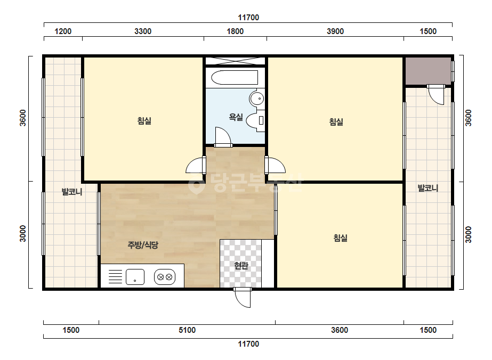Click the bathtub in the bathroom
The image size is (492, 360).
pos(235,77)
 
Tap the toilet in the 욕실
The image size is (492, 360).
pos(256,120)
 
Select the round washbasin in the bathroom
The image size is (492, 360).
pos(257,99)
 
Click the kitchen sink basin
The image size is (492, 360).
pos(135,277)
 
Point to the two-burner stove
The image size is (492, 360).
pos(165,277)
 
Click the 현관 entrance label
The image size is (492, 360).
pos(241,266)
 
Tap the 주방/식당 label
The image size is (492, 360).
pos(143,245)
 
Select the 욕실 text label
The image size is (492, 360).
pos(236,117)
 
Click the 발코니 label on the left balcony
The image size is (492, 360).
pos(72,192)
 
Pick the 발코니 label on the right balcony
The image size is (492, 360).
pos(428,188)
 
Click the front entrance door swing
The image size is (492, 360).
pos(243,297)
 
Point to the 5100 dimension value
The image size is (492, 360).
pos(187,330)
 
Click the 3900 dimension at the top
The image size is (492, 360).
pos(335,31)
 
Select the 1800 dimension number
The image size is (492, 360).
pos(235,31)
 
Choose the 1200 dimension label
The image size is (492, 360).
pos(63,31)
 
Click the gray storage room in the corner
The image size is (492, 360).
pos(428,70)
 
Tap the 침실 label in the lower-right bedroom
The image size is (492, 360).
pos(340,238)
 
